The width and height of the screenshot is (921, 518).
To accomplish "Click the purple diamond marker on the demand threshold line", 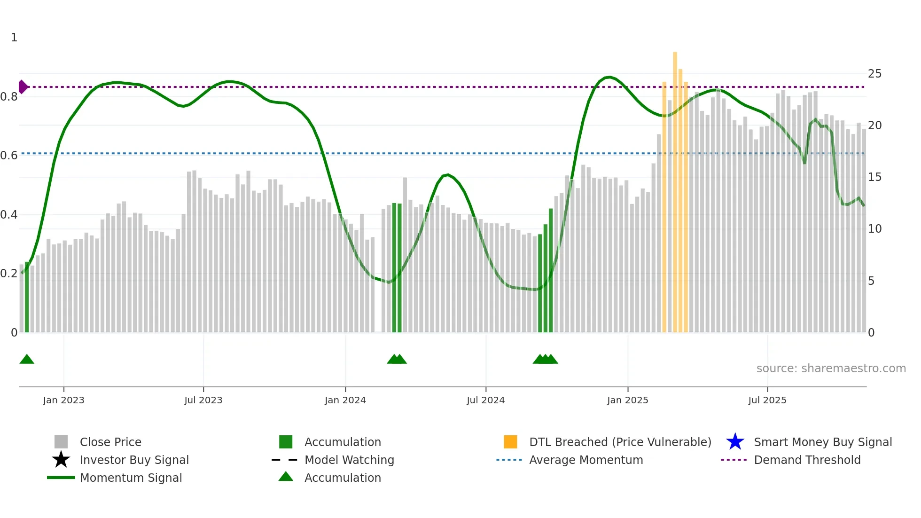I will (23, 87).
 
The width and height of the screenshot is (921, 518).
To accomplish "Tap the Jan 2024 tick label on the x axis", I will (345, 400).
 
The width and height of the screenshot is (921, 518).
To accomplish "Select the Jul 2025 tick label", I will (767, 400).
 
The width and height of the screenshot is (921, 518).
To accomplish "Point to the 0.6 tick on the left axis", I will (8, 155).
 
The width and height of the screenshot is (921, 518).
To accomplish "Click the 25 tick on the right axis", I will (874, 74).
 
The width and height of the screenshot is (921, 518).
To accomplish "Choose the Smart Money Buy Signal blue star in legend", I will (735, 442).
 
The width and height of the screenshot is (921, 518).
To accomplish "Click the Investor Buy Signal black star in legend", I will (61, 460).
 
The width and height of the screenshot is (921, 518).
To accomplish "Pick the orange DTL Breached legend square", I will (510, 442).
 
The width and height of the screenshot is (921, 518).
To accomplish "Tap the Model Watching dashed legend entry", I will (285, 460).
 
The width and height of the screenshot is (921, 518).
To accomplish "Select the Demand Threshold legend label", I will (807, 460).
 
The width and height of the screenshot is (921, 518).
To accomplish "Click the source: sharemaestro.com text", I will (831, 369).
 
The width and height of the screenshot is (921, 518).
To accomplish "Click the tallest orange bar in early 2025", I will (675, 188).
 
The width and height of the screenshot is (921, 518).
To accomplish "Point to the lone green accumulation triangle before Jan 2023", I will (27, 360).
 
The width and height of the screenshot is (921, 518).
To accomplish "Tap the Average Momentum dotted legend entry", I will (509, 460).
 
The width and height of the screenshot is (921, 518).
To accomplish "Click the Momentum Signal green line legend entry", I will (61, 478).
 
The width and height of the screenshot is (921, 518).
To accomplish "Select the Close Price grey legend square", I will (61, 442).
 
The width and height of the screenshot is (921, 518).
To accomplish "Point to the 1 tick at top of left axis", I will (14, 38).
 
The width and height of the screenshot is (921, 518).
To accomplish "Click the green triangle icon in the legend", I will (286, 477).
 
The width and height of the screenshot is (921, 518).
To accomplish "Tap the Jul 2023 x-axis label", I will (203, 400).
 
